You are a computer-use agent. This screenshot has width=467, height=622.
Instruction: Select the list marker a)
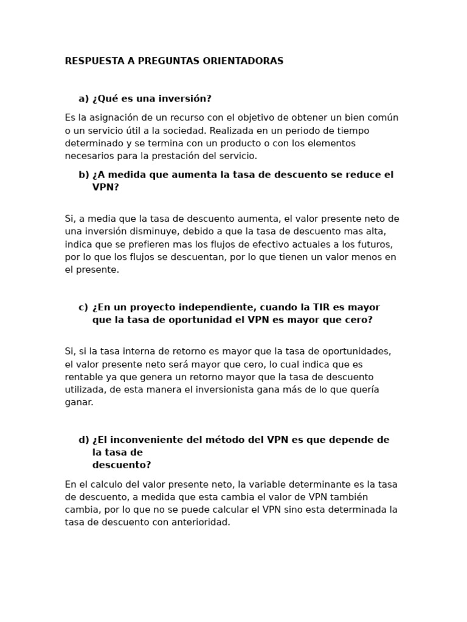(x=84, y=98)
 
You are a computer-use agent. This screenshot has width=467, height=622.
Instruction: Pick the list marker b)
(x=84, y=175)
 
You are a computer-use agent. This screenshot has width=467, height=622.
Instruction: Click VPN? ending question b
(x=106, y=188)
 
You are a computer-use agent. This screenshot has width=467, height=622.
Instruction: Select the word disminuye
(x=153, y=231)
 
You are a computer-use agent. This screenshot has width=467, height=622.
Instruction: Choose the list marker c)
(x=83, y=307)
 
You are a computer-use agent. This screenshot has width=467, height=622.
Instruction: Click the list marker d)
(x=84, y=440)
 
